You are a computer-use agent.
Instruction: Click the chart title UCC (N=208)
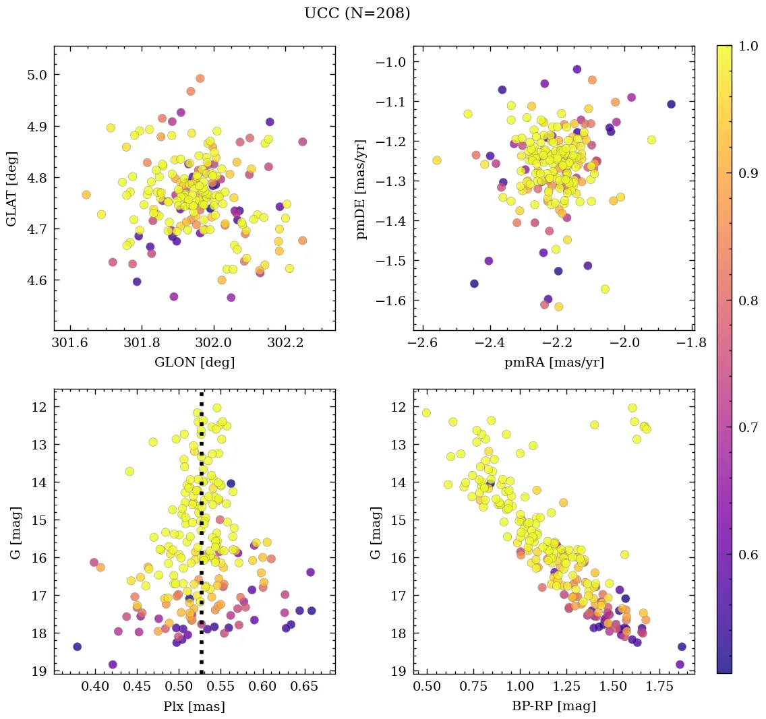357,13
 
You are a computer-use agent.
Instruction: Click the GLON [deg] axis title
195,363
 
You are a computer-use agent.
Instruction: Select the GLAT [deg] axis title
11,188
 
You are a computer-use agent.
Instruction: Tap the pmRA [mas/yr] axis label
554,363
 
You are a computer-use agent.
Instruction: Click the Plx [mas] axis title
195,706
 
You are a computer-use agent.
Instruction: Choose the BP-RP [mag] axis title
554,706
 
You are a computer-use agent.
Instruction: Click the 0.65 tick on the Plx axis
305,687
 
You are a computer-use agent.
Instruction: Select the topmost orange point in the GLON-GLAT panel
200,78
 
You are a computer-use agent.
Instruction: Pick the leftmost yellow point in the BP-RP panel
426,412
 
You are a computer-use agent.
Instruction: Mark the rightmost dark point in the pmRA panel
671,104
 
